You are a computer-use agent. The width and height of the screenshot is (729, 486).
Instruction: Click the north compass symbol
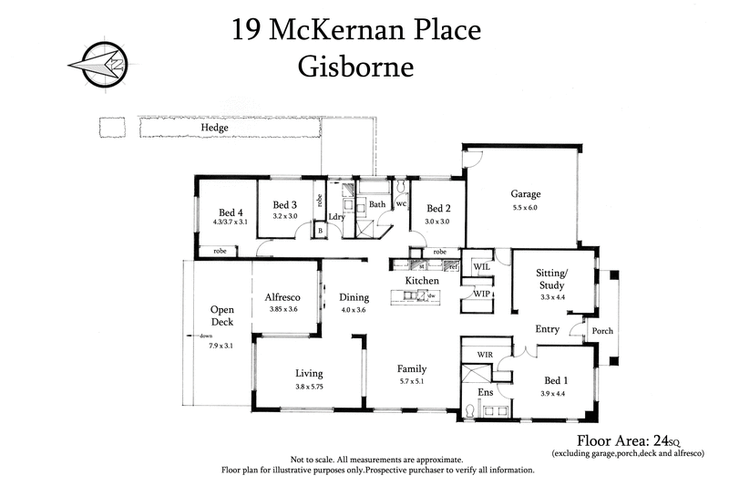click(x=98, y=65)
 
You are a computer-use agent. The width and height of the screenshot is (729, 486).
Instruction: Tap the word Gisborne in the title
click(x=355, y=67)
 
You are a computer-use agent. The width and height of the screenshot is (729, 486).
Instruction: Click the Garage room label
click(x=525, y=194)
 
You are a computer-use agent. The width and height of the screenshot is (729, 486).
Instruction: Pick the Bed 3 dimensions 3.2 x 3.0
click(x=285, y=216)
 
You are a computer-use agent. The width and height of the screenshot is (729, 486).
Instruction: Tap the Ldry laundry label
click(x=336, y=216)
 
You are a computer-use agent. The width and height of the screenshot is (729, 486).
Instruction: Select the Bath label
click(x=377, y=204)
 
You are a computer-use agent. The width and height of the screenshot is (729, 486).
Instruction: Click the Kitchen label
click(x=422, y=281)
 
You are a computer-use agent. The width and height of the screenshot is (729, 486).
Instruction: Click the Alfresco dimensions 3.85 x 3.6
click(x=283, y=310)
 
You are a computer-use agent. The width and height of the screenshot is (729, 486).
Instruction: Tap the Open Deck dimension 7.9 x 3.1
click(x=222, y=345)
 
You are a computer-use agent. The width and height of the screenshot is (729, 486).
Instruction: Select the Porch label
click(x=602, y=331)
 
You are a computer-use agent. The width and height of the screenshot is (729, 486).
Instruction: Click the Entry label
click(x=547, y=329)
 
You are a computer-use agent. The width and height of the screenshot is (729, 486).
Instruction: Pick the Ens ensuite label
click(x=486, y=393)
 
